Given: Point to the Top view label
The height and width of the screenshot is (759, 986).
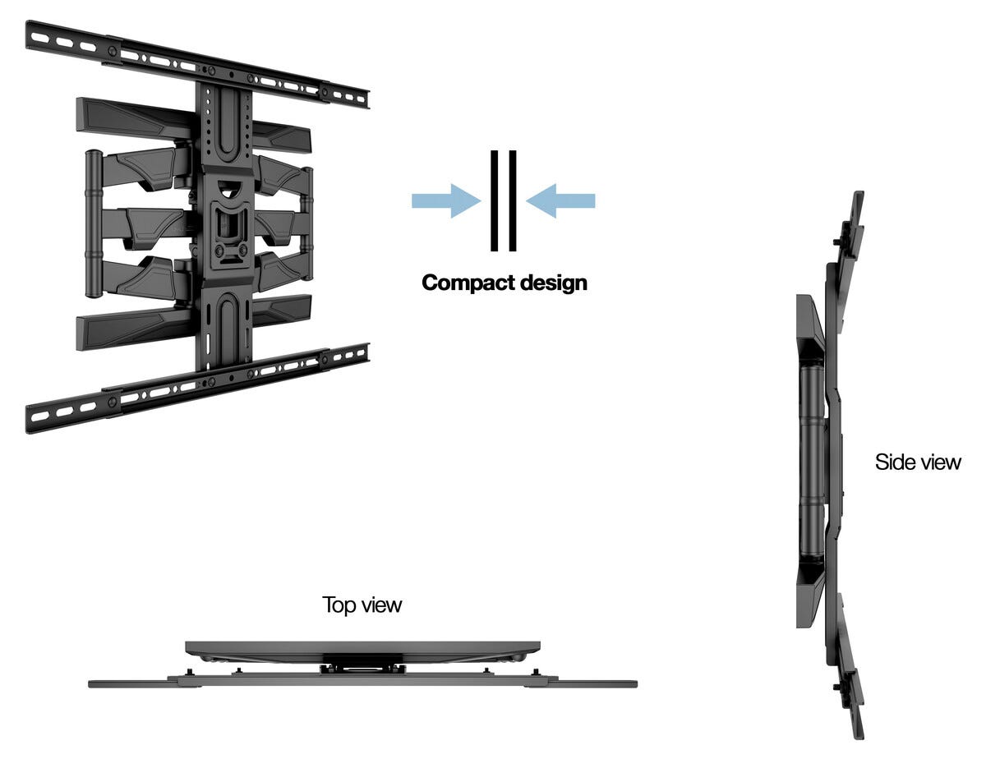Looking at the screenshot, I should click(x=362, y=605).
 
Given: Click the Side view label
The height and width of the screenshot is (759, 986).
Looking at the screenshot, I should click(x=918, y=462).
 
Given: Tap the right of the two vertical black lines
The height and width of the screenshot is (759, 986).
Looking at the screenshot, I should click(x=513, y=200).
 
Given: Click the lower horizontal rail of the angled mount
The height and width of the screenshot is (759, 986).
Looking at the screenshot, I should click(x=197, y=386).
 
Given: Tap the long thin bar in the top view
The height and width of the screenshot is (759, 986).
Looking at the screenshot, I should click(x=362, y=683).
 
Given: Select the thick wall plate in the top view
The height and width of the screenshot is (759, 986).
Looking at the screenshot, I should click(x=362, y=647).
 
